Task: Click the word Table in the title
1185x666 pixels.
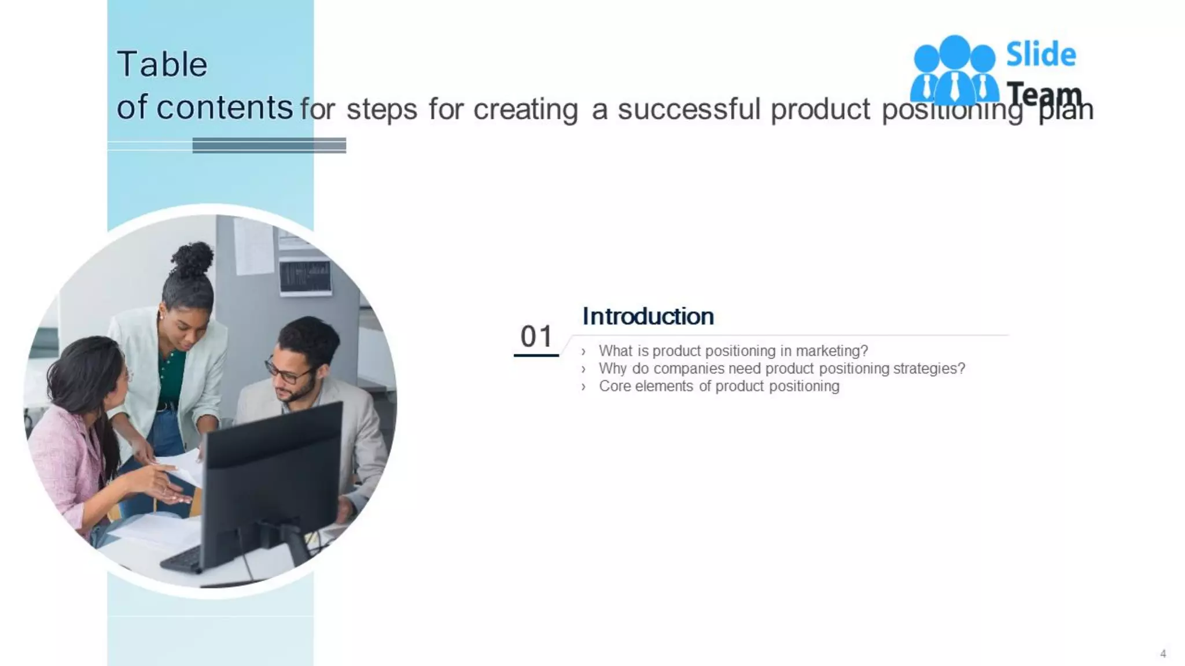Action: click(162, 64)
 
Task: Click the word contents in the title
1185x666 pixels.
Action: click(225, 108)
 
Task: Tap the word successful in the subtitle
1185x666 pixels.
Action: click(689, 109)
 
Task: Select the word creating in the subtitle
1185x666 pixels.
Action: click(525, 109)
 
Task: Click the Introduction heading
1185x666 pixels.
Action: click(647, 316)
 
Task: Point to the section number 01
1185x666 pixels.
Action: click(536, 336)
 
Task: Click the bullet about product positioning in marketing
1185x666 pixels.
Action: click(733, 351)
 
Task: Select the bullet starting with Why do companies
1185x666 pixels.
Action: click(781, 368)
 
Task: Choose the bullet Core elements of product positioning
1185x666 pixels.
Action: click(719, 386)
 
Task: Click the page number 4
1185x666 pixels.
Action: click(1163, 654)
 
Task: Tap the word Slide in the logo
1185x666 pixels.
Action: click(1040, 55)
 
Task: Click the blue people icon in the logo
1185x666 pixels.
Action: click(954, 69)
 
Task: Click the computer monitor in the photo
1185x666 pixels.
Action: click(272, 480)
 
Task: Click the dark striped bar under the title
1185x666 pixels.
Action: click(269, 145)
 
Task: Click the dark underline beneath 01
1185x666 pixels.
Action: click(536, 355)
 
